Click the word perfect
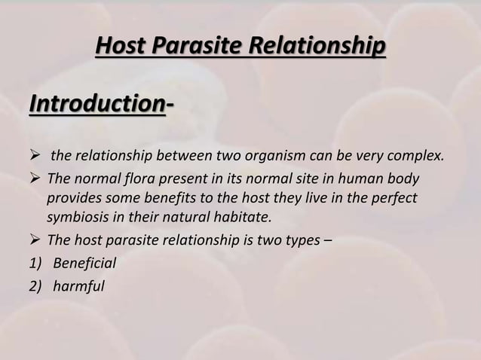tap(395, 200)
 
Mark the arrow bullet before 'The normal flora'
tap(35, 180)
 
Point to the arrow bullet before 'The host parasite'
tap(35, 242)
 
